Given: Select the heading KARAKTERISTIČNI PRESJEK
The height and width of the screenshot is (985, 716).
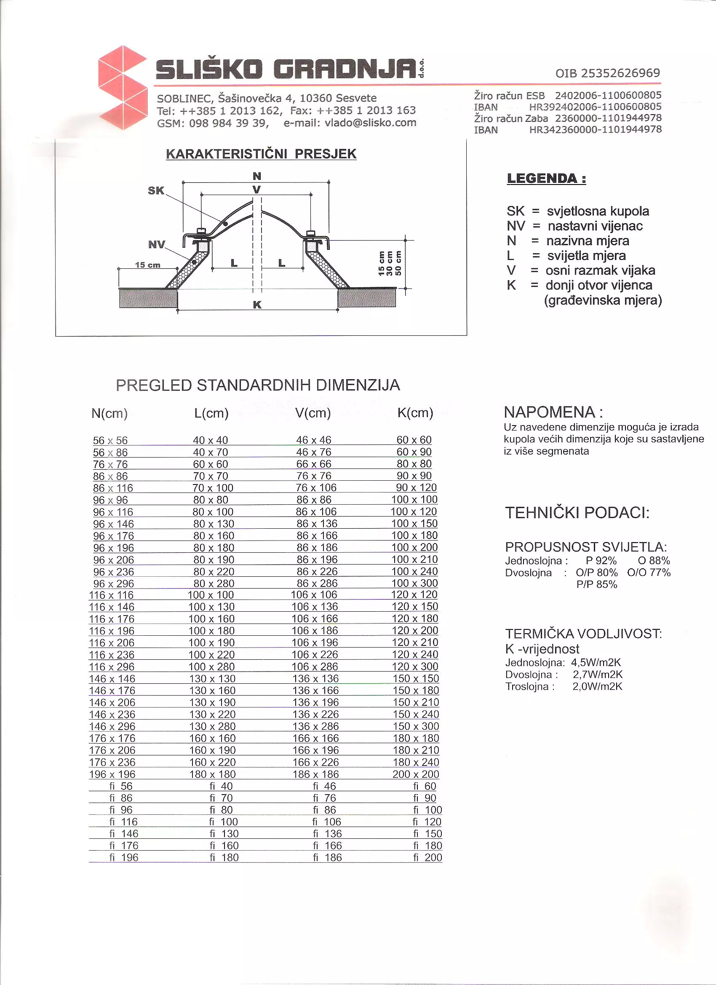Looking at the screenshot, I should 261,154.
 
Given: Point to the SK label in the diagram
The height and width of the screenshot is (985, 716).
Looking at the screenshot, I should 156,190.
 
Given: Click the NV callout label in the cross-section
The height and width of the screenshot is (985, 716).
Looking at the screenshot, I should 156,244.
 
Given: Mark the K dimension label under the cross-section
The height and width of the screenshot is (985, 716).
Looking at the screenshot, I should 257,305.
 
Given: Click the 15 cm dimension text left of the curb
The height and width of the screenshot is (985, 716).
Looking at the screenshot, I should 148,265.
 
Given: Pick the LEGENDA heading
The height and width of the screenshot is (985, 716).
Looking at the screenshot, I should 546,178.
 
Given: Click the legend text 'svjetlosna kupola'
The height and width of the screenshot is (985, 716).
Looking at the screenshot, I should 598,211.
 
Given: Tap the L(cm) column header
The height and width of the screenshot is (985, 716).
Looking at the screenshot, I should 211,413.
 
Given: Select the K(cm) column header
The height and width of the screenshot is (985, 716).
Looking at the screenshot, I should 415,412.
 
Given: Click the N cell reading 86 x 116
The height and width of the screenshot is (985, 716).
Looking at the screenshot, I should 113,488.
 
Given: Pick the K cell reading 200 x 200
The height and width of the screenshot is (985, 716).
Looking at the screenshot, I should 416,774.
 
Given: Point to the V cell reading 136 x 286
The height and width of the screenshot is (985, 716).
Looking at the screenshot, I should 315,726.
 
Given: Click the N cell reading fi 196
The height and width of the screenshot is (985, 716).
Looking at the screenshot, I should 124,857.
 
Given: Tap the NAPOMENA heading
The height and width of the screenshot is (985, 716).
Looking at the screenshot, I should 553,412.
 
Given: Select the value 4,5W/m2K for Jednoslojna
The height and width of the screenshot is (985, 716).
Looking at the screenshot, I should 596,663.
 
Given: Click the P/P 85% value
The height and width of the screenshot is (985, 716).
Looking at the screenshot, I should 596,585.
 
